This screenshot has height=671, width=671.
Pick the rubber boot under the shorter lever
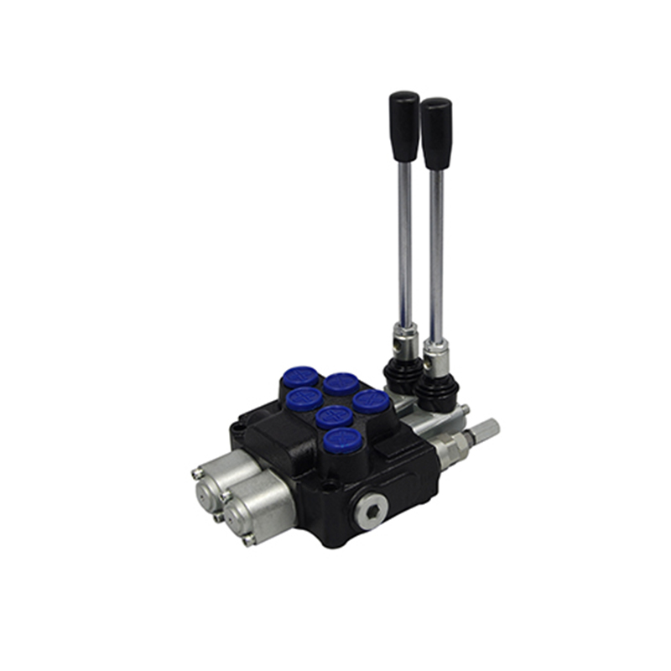pos(437,391)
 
